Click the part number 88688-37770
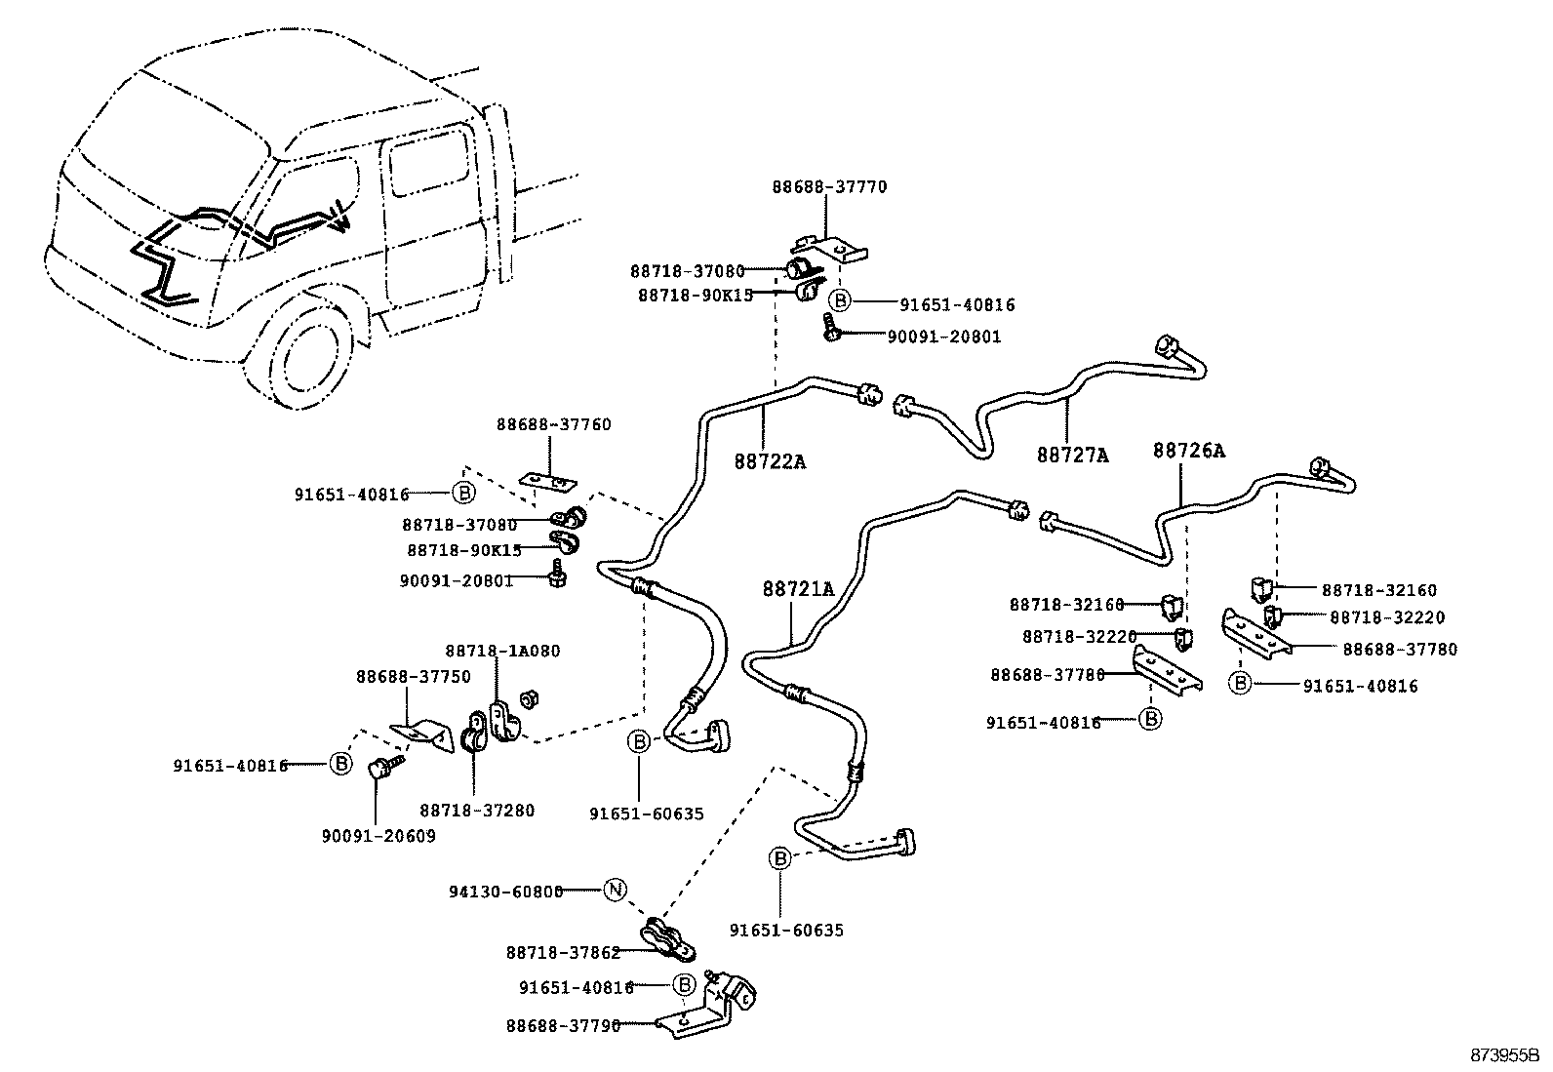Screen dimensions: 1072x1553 click(x=829, y=186)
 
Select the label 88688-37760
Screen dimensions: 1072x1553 click(x=553, y=424)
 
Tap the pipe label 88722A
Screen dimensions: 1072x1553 click(x=770, y=461)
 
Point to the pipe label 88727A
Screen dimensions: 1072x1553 click(x=1072, y=455)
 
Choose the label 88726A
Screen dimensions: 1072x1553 click(x=1188, y=451)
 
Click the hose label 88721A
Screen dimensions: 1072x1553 click(x=798, y=589)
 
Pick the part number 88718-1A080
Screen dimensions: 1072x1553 click(x=502, y=651)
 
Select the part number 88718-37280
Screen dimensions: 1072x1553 click(x=477, y=810)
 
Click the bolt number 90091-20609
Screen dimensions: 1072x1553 click(x=378, y=836)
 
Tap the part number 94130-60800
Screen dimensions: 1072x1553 click(x=506, y=891)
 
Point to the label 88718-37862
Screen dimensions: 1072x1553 click(x=563, y=953)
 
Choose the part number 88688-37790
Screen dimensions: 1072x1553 click(x=563, y=1025)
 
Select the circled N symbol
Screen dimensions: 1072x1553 click(x=614, y=890)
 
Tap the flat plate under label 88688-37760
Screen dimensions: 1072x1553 click(x=546, y=481)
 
